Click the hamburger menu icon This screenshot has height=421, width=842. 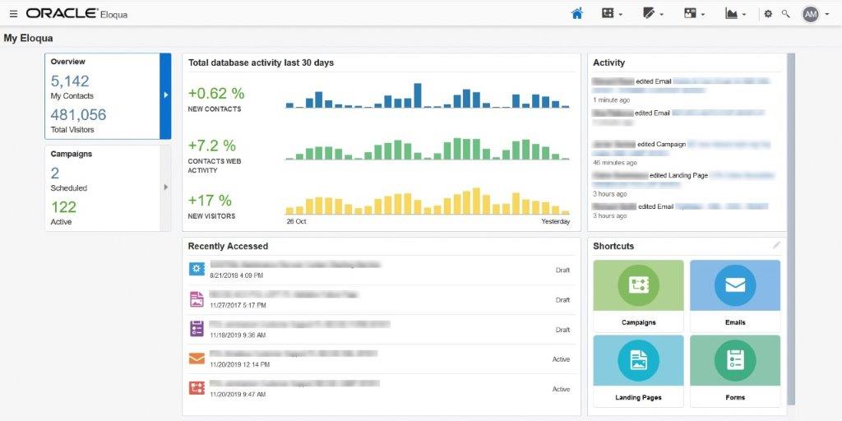click(13, 14)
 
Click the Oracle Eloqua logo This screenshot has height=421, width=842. click(76, 14)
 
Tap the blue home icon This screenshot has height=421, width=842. click(577, 13)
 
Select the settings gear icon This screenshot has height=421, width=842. click(768, 14)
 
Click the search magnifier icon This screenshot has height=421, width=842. click(785, 14)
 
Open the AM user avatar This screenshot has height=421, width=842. click(810, 14)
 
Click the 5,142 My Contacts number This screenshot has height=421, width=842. click(70, 81)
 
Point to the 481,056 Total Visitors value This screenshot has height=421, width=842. click(78, 115)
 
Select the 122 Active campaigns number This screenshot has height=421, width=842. click(63, 207)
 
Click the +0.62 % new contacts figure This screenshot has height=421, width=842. click(216, 94)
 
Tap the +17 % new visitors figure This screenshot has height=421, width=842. click(210, 201)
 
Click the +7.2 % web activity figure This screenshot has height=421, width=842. click(212, 146)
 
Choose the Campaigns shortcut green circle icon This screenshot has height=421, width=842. click(638, 285)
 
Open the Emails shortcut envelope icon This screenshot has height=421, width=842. click(735, 285)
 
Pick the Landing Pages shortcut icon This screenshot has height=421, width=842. click(638, 359)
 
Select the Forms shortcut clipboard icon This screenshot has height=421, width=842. click(735, 359)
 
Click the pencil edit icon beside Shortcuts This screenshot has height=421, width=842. click(776, 245)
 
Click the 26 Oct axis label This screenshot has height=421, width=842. click(296, 222)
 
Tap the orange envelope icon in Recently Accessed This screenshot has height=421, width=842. click(197, 359)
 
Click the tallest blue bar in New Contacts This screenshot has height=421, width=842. click(418, 95)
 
